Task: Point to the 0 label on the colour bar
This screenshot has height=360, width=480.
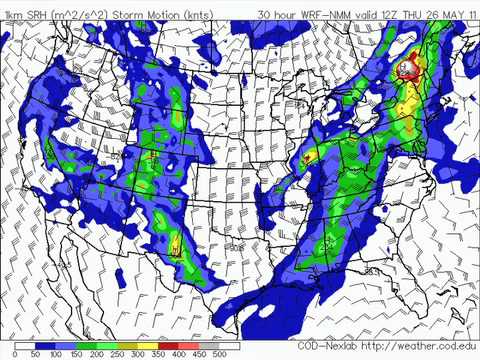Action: pyautogui.click(x=16, y=353)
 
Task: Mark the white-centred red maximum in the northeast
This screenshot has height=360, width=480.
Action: pyautogui.click(x=406, y=69)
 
